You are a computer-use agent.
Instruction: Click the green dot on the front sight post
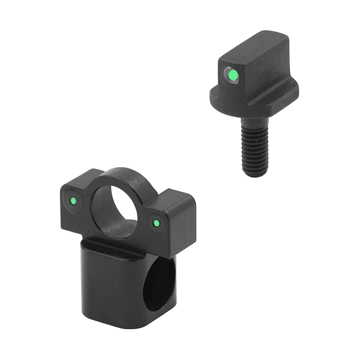(x=232, y=75)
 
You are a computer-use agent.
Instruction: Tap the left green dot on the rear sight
(x=73, y=201)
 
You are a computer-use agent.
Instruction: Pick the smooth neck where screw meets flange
(x=252, y=121)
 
